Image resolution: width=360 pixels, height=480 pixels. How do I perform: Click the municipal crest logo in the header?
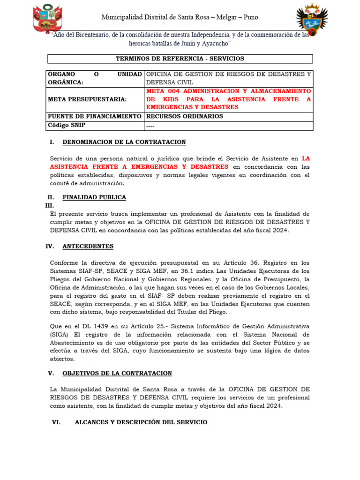click(x=312, y=19)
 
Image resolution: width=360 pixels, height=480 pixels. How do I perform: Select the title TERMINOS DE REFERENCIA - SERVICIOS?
click(x=180, y=59)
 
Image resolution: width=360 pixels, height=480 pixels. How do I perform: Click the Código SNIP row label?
click(x=67, y=126)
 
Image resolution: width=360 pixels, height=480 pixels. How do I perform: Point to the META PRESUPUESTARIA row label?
click(x=87, y=99)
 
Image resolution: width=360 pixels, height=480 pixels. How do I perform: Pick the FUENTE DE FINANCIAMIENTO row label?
click(x=95, y=116)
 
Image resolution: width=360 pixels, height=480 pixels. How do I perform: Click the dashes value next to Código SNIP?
click(x=150, y=126)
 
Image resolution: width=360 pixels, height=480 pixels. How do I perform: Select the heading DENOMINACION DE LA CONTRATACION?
click(x=124, y=142)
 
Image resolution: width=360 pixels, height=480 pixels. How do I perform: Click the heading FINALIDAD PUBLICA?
click(x=94, y=197)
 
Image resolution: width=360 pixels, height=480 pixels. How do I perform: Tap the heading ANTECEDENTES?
click(x=88, y=246)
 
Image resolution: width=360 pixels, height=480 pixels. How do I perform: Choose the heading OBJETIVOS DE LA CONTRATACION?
click(x=117, y=373)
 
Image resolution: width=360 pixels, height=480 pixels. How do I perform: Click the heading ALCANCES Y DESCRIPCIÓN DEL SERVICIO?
click(x=141, y=422)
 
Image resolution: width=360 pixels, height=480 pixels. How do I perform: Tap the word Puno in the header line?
click(x=249, y=17)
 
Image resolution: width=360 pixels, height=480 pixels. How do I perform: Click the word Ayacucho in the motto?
click(x=213, y=43)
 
